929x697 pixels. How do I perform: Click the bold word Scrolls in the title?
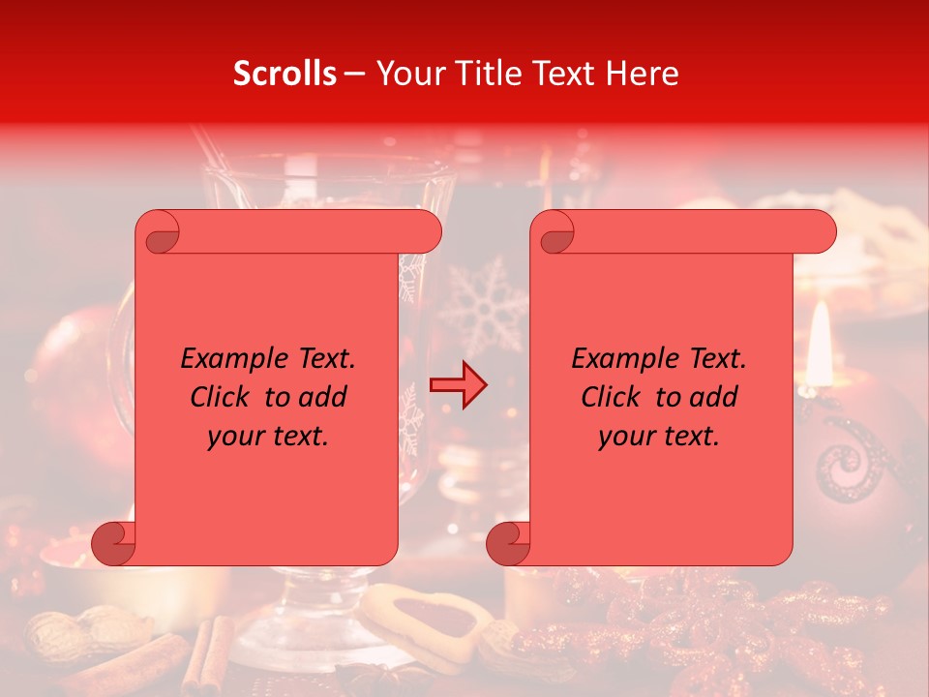pos(285,74)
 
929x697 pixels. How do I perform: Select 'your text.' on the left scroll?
pos(268,436)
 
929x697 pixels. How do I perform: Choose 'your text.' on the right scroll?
pos(659,436)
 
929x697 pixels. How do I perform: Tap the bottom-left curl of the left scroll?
pos(114,542)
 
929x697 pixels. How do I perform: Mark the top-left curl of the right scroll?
pos(554,233)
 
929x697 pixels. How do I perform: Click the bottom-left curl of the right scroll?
pos(509,542)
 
